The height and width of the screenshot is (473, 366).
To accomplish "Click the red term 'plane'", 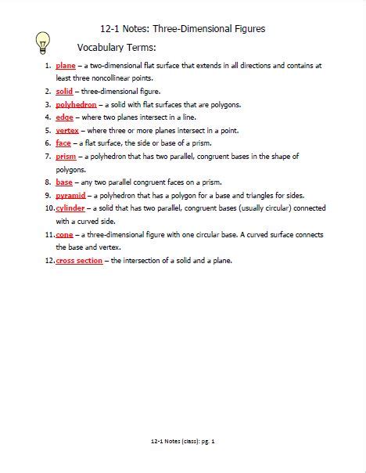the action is point(66,66).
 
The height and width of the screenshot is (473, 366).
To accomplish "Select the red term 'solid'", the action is point(64,92).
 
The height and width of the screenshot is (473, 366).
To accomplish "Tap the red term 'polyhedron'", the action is point(76,104).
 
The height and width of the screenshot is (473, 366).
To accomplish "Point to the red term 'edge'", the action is point(64,117).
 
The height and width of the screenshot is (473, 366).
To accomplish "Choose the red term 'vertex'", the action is point(67,130).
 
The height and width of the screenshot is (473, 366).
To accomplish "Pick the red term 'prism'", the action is point(66,157).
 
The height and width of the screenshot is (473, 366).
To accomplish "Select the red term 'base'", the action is point(64,182).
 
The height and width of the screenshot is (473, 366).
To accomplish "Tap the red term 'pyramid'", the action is point(71,195).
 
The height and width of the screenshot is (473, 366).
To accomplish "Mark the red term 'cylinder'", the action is point(71,208).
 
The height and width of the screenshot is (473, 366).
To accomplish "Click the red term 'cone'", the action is point(65,234).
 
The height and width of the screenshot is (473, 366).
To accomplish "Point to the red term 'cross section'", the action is point(79,260).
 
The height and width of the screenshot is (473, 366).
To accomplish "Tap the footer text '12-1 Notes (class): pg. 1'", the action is point(183,441).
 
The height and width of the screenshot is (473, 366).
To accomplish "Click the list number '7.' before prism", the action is point(48,157).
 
